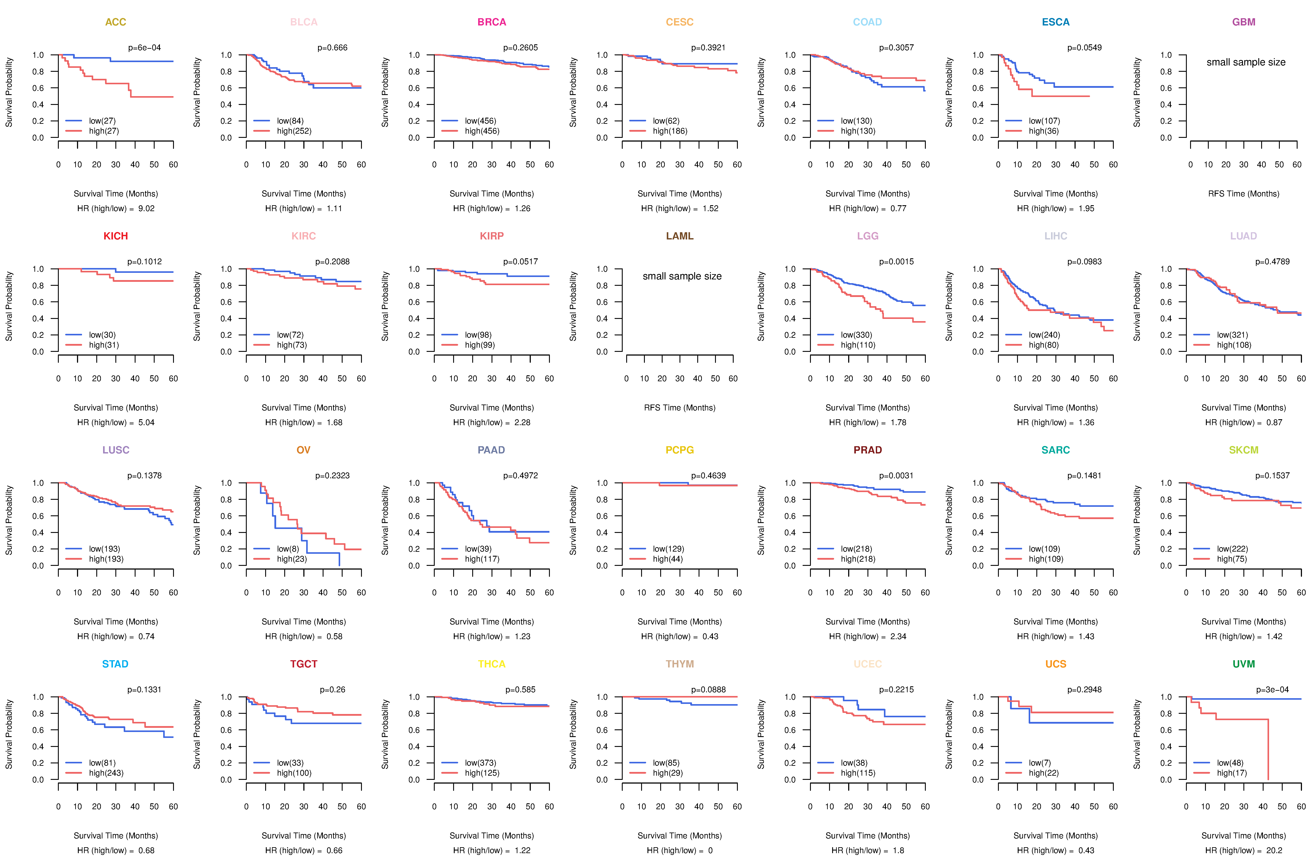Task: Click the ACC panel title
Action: coord(116,22)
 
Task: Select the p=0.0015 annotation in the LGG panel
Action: coord(896,262)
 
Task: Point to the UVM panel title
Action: coord(1244,664)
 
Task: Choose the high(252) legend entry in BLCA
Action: coord(294,131)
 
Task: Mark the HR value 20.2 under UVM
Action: coord(1274,851)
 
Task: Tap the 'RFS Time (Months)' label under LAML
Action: coord(679,408)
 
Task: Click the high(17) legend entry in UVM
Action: coord(1231,773)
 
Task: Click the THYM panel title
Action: coord(679,664)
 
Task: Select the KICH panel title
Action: coord(116,236)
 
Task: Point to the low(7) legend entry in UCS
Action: coord(1039,763)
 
